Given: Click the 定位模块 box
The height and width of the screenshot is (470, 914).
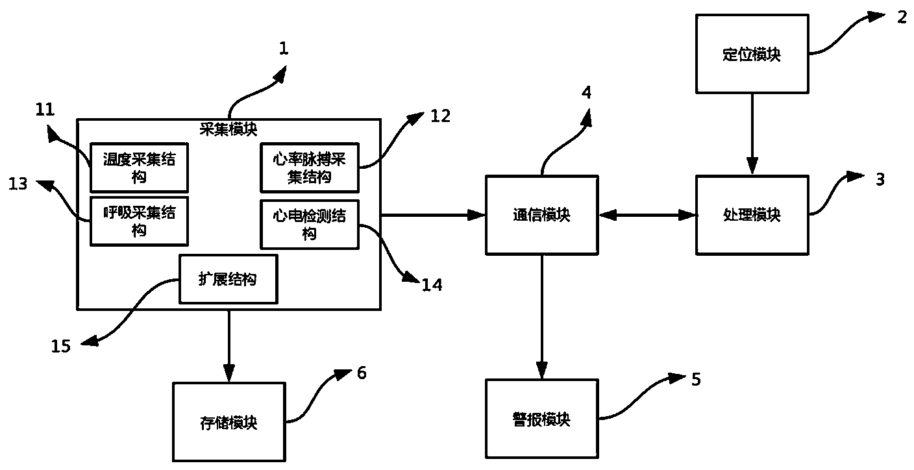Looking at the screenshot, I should [x=752, y=54].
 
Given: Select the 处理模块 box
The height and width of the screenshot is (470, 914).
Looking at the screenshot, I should [x=752, y=214].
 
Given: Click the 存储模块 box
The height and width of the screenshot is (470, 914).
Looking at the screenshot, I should [x=228, y=423].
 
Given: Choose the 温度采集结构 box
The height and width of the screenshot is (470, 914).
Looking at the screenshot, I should [x=139, y=166].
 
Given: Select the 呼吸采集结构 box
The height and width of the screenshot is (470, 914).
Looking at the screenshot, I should [x=139, y=221].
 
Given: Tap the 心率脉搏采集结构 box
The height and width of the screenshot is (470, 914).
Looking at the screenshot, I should [x=309, y=167].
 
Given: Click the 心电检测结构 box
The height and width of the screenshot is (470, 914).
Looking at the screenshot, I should [x=309, y=225].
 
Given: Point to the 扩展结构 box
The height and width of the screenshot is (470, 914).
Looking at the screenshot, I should [x=227, y=279].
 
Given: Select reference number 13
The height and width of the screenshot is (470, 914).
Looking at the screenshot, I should [x=18, y=184].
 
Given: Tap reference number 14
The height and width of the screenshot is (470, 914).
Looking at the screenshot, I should [x=431, y=284].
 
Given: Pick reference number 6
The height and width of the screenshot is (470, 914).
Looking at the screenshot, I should [x=362, y=373].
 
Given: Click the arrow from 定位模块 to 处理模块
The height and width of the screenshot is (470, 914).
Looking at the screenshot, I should [x=752, y=133].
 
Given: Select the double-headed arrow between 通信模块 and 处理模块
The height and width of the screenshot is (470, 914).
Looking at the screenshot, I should [x=647, y=214].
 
